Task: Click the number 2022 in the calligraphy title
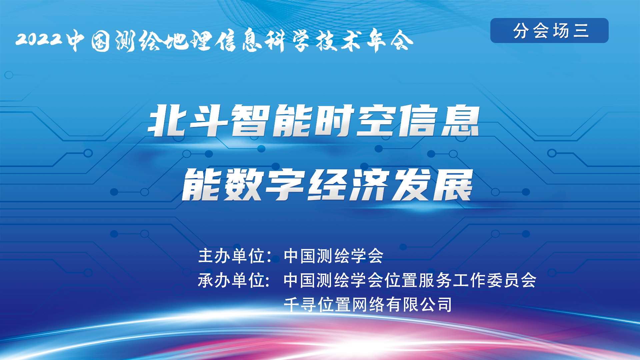pos(39,39)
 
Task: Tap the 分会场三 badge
pos(549,30)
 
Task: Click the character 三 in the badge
pos(581,31)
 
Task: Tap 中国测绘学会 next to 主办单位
pos(333,256)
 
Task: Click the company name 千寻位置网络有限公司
pos(368,304)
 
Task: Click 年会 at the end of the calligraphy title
pos(390,41)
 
